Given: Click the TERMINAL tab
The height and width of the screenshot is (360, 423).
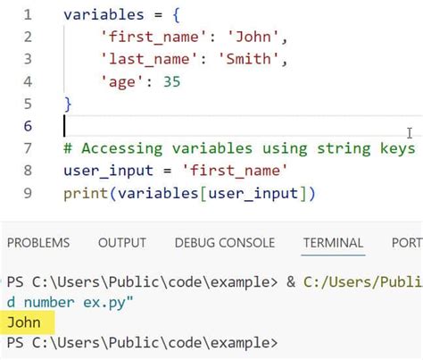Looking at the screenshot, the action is coord(333,243).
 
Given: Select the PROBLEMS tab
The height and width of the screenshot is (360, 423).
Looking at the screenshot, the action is coord(38,243).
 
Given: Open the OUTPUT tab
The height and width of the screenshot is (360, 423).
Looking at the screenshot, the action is coord(122,243).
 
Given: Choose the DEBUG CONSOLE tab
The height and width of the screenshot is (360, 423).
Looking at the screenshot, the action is coord(225,243).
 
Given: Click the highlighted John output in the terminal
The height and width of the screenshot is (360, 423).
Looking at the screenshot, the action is coord(24,322).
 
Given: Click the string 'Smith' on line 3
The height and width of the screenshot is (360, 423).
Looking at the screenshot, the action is coord(249,59).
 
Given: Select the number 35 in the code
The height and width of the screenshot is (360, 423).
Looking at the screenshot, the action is coord(172,81).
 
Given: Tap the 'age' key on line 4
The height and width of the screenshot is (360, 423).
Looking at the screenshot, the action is coord(122,82).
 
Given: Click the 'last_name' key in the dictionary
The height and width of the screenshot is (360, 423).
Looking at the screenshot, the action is coord(149,59).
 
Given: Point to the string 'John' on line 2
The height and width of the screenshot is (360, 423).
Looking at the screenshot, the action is coord(253,37).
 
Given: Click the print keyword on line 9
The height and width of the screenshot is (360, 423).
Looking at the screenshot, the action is coord(86,194).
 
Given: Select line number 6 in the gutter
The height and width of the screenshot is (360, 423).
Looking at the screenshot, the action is coord(28,126).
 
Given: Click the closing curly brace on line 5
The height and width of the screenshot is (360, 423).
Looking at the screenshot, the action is coord(68,105).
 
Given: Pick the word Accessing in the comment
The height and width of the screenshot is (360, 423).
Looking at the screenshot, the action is coord(122,148).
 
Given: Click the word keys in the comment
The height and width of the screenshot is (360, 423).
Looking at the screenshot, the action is coord(397,148).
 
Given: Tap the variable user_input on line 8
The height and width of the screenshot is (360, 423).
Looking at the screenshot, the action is coord(108,171).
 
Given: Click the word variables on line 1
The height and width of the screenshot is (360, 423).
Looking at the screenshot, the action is coord(104,14).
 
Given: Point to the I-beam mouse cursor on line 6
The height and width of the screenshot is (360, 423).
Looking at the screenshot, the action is coord(410,133).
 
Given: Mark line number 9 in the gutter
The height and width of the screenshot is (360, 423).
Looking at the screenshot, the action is coord(28,193).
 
